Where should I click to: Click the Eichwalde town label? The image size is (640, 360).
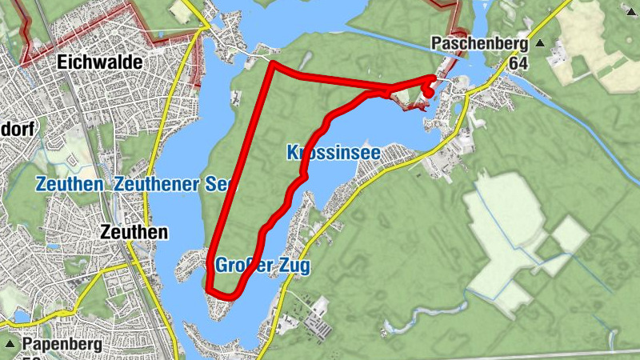point(100,62)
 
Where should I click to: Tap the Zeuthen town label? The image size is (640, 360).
point(136,232)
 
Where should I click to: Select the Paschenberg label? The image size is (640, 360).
point(479,42)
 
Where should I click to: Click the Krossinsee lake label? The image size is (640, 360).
point(332,152)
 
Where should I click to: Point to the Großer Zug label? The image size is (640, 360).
point(262,265)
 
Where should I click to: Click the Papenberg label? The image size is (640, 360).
point(62,345)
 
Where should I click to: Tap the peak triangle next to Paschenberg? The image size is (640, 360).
point(541,43)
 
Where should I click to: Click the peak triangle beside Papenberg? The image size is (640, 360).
point(10,344)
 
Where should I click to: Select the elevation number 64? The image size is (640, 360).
point(518,63)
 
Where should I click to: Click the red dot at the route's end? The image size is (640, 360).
point(429,92)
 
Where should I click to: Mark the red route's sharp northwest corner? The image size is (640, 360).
point(272,63)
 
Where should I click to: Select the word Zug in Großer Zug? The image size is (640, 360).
point(294,265)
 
